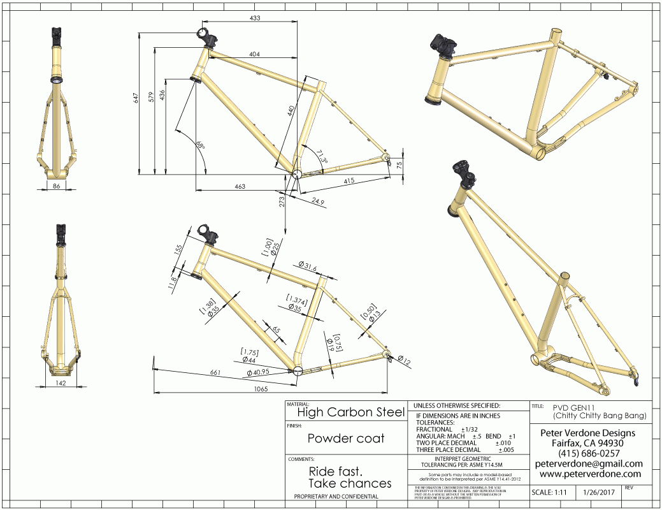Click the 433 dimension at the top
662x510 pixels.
pyautogui.click(x=255, y=18)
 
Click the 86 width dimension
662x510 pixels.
pyautogui.click(x=56, y=187)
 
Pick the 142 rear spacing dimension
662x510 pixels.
pyautogui.click(x=61, y=382)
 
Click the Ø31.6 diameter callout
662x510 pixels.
pyautogui.click(x=307, y=266)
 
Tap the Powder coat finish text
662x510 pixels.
pyautogui.click(x=346, y=439)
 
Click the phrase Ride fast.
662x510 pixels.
pyautogui.click(x=335, y=472)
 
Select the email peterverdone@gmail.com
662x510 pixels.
pyautogui.click(x=589, y=463)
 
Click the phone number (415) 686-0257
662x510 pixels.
pyautogui.click(x=589, y=453)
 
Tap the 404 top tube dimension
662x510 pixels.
pyautogui.click(x=254, y=55)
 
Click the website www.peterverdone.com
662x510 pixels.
pyautogui.click(x=589, y=474)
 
